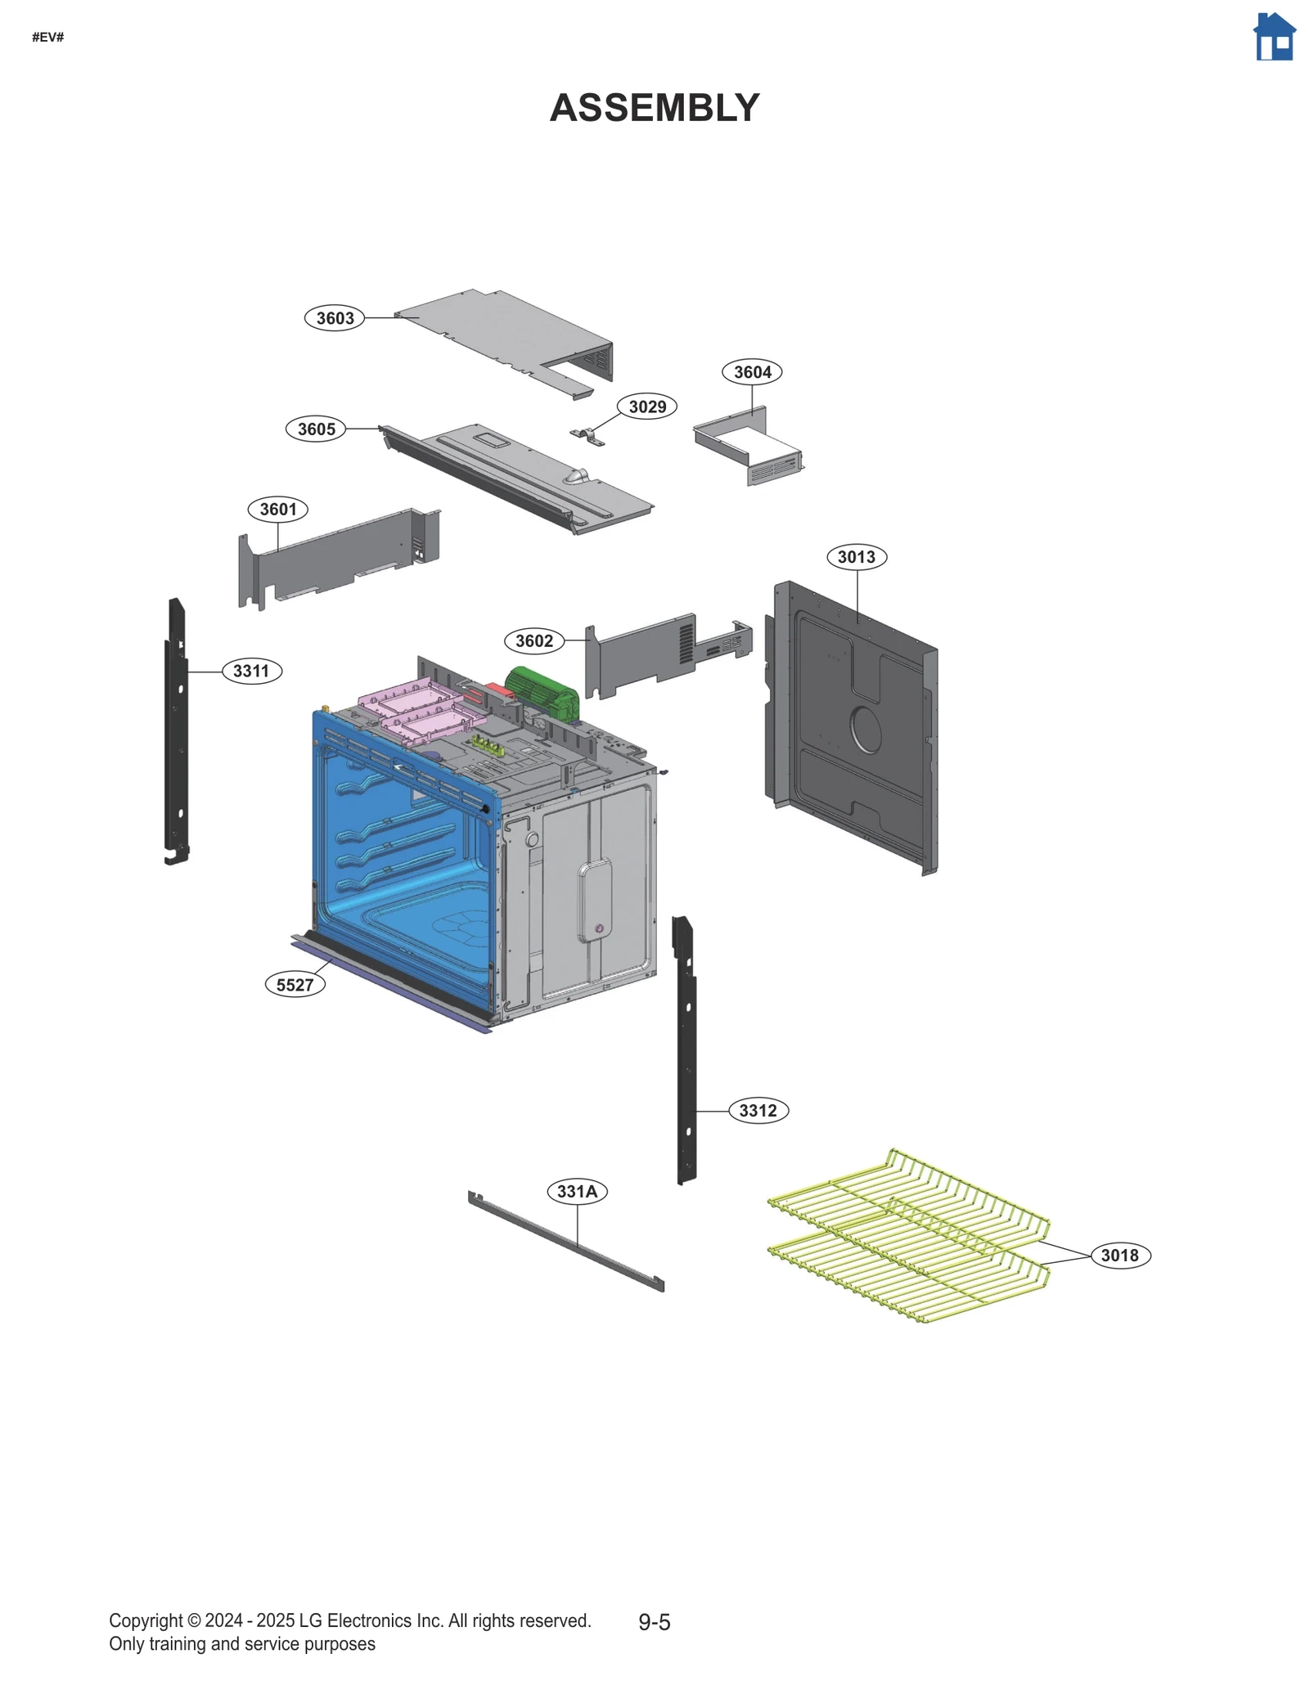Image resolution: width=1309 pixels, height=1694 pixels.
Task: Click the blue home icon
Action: (1274, 37)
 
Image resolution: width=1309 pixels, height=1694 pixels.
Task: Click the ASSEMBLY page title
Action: (654, 108)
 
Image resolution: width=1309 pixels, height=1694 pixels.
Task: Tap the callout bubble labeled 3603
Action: (335, 317)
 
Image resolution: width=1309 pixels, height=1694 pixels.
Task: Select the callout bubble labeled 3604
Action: (752, 371)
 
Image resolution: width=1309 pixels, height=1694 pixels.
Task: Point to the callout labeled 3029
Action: (647, 406)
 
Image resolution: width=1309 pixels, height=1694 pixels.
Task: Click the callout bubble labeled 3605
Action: (316, 429)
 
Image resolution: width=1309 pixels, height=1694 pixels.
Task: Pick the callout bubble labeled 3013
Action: (857, 556)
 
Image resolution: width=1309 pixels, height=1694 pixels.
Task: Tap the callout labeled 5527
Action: (295, 984)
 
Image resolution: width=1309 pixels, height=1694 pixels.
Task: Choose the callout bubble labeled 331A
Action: (577, 1191)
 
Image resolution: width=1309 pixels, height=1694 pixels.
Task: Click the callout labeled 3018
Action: (1120, 1255)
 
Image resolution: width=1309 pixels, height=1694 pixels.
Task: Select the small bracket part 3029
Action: (588, 436)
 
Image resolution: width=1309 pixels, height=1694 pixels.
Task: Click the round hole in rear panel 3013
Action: (866, 727)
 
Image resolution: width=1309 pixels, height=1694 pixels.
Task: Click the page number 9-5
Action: (654, 1621)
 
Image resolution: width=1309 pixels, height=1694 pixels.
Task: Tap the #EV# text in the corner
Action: (48, 37)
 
